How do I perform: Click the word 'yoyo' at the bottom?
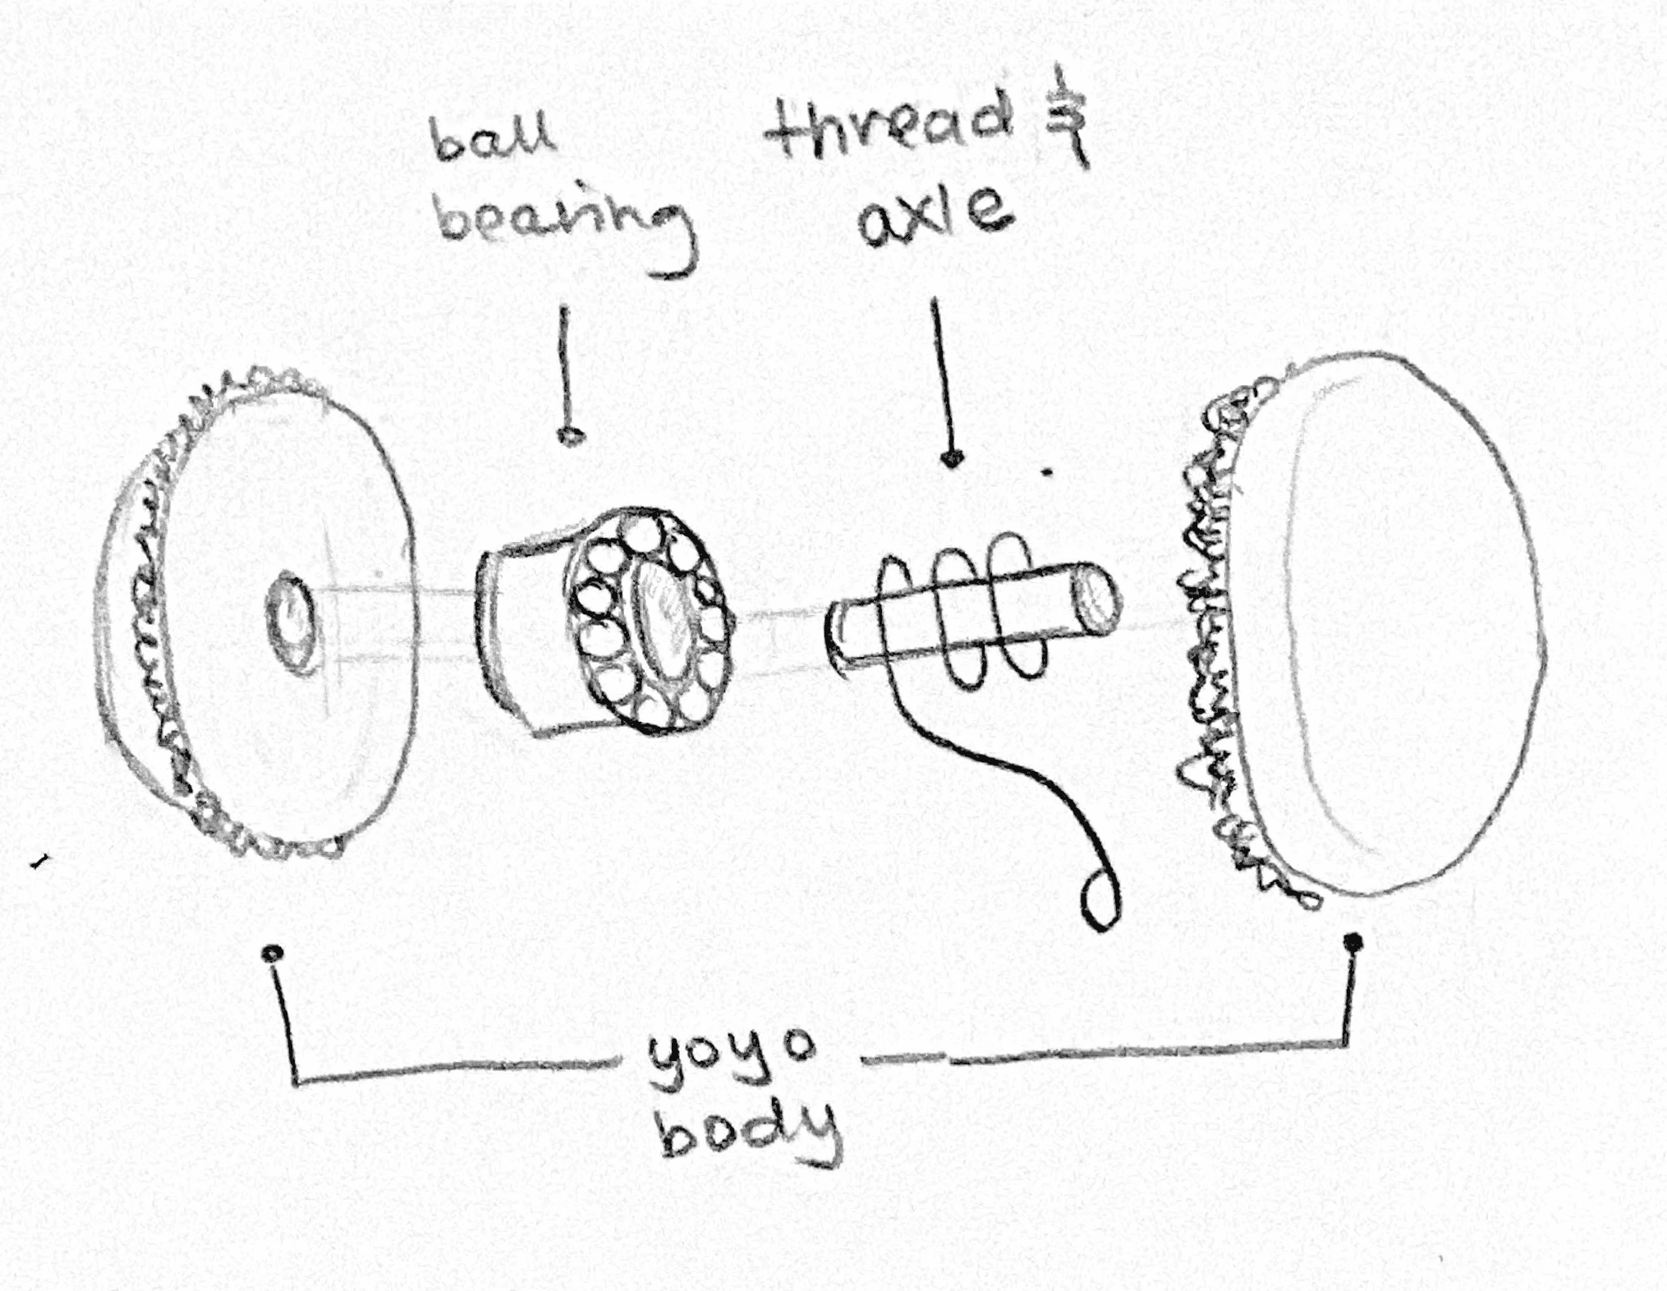pos(730,1059)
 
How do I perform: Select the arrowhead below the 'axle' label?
pos(953,459)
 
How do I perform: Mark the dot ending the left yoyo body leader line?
pos(273,953)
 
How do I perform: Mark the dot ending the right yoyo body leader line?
pos(1354,943)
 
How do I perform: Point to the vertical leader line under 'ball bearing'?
pos(565,370)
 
